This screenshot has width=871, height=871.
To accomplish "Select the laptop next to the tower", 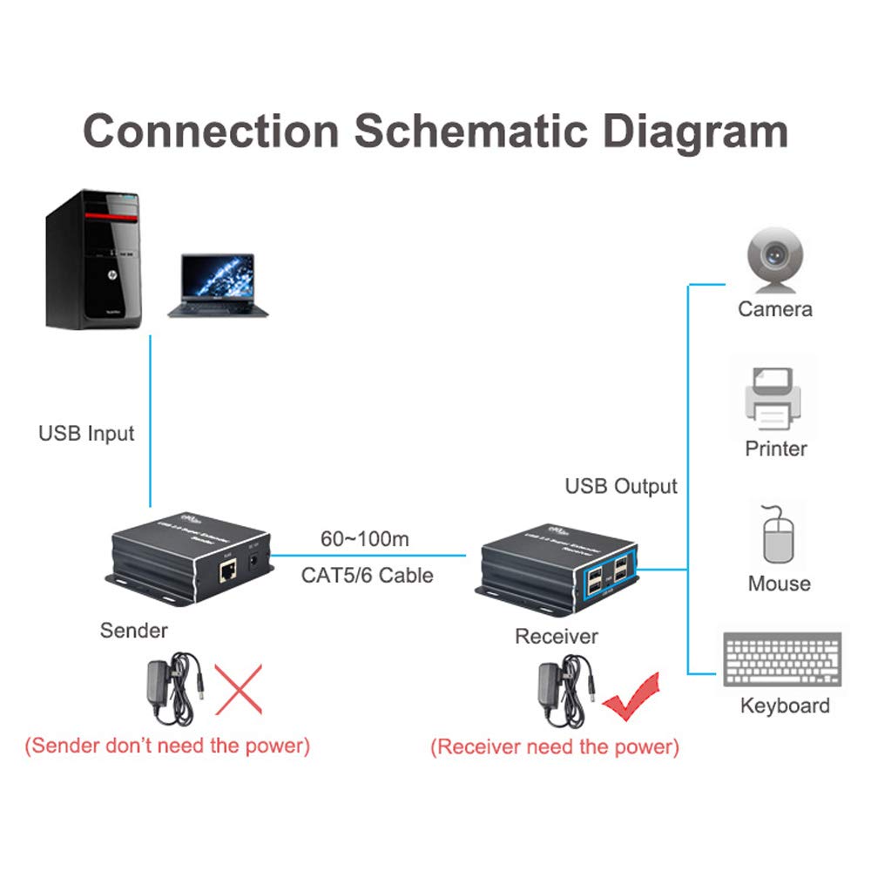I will click(x=217, y=285).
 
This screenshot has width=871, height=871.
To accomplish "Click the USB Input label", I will click(x=86, y=433).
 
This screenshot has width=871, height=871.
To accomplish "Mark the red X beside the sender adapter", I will click(x=238, y=688).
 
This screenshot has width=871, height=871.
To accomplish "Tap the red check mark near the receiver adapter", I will click(x=633, y=698).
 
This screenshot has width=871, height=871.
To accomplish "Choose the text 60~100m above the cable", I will click(x=364, y=539).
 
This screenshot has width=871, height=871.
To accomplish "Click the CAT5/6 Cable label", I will click(x=367, y=575).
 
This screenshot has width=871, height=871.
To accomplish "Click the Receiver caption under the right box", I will click(x=557, y=637).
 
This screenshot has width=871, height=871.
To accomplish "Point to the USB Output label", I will click(x=621, y=486).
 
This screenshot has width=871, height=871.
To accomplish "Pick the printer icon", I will click(x=773, y=399).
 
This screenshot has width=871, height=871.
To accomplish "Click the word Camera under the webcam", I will click(x=775, y=309).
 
